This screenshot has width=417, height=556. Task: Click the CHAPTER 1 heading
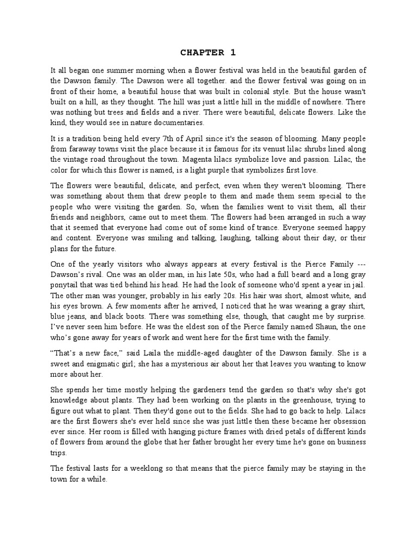tap(208, 53)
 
